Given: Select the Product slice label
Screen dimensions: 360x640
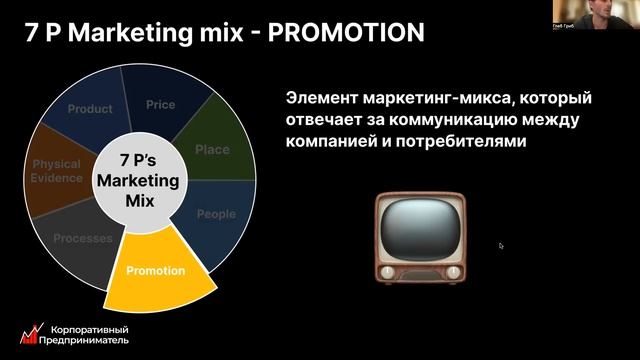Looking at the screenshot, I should tap(90, 110).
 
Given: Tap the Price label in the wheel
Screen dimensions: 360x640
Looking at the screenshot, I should tap(160, 105).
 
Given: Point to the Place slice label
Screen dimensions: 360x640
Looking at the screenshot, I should tap(212, 150).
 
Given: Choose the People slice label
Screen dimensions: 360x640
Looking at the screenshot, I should tap(216, 214).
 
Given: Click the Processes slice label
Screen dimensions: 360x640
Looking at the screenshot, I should tap(82, 239).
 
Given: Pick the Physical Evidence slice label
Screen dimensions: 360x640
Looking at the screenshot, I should tap(56, 172).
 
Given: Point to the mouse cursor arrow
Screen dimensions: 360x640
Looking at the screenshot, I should tap(501, 245).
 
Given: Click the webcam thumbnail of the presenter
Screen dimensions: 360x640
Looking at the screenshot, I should tap(601, 14).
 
